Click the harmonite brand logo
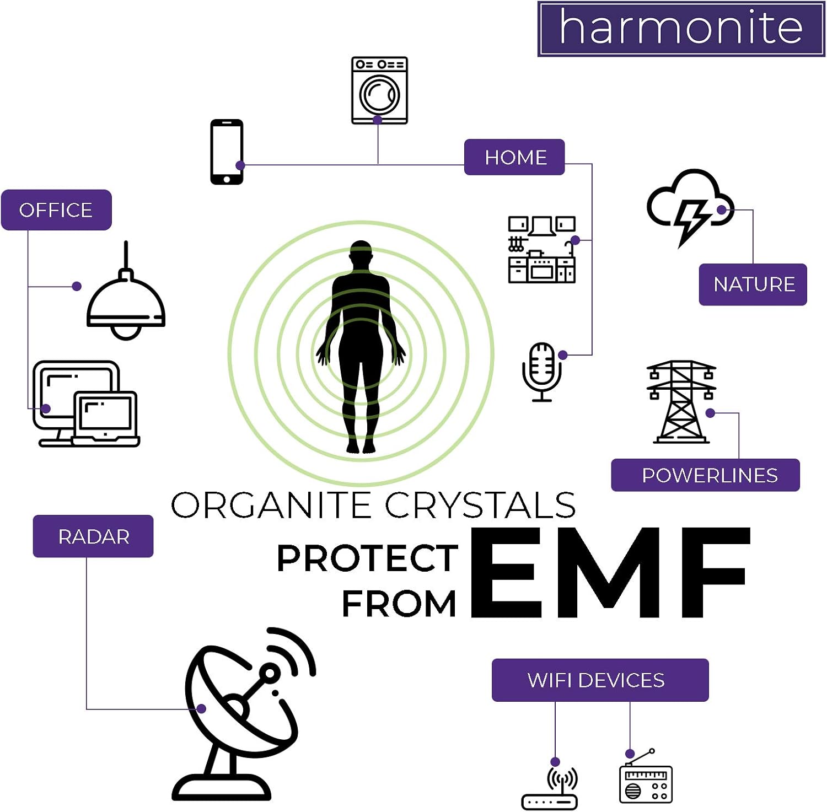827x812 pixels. coord(681,29)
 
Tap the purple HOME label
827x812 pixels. coord(514,157)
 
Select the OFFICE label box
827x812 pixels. coord(56,210)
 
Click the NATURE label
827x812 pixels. coord(753,284)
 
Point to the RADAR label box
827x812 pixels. coord(93,536)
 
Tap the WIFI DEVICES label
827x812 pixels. coord(600,680)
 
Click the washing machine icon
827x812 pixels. coord(379,91)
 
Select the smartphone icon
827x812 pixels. coord(227,152)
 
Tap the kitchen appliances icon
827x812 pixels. coord(541,250)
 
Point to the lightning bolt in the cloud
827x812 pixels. coord(691,220)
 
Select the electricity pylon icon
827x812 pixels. coord(681,402)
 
